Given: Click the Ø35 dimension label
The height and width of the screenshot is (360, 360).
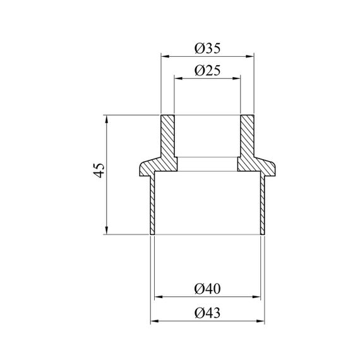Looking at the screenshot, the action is click(x=208, y=48).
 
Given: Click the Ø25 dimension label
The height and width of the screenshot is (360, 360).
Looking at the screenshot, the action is click(x=208, y=70).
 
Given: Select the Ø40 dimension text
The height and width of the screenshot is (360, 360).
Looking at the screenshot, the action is click(x=208, y=289).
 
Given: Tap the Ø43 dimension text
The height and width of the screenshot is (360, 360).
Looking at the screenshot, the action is click(x=208, y=313).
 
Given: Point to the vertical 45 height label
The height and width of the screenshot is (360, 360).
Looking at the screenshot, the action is click(x=99, y=171).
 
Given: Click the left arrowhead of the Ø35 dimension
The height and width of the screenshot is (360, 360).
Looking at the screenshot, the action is click(x=165, y=56).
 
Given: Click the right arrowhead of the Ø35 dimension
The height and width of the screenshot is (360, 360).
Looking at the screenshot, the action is click(x=250, y=56).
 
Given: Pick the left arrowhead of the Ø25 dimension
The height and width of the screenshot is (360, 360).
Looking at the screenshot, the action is click(x=178, y=78).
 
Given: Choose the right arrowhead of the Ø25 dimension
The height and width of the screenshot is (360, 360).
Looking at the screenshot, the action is click(x=236, y=78).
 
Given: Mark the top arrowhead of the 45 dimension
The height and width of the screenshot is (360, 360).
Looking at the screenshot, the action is click(x=107, y=119).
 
